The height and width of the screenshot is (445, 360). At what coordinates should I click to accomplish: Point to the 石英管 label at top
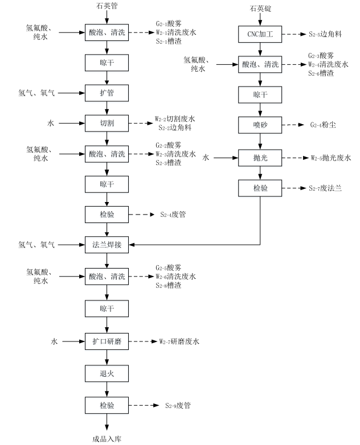tap(107, 6)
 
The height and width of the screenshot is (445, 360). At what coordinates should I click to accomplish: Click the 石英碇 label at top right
tap(260, 9)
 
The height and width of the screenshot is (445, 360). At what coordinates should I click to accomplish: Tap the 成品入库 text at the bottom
tap(107, 439)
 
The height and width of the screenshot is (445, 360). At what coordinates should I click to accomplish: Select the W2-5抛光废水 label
tap(331, 157)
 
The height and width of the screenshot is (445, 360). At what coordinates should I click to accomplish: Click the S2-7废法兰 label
tap(325, 188)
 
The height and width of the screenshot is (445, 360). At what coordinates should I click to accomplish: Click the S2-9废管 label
tap(178, 405)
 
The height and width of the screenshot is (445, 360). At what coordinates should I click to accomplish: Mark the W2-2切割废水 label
tap(175, 119)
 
